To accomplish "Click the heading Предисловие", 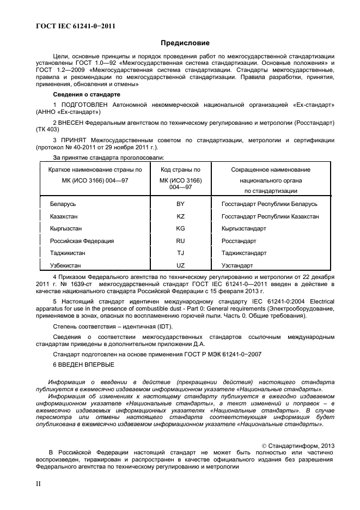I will click(x=185, y=43).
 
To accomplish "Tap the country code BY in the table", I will click(x=180, y=204).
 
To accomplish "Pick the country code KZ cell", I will click(x=180, y=216).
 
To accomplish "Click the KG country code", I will click(x=180, y=229).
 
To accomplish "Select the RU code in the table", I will click(x=180, y=241).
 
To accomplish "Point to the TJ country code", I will click(x=180, y=253).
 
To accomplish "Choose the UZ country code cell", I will click(x=180, y=265).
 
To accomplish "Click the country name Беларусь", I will click(x=63, y=204).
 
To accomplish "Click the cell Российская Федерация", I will click(x=82, y=241).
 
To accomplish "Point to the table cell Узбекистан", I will click(x=65, y=265).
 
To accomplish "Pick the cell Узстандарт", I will click(x=237, y=265).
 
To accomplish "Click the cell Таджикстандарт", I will click(x=243, y=253).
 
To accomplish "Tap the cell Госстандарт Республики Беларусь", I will click(x=269, y=204).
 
